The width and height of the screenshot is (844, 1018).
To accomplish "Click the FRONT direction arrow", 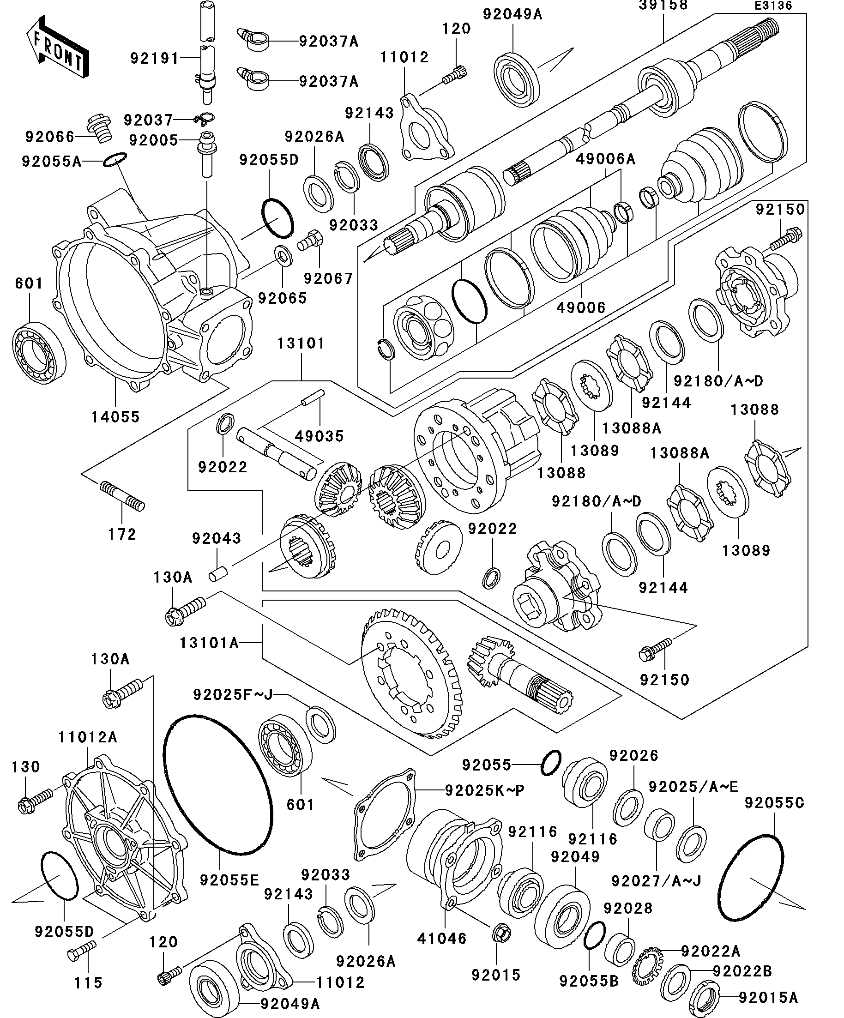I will pyautogui.click(x=57, y=48).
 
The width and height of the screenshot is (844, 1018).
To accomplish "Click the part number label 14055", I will pyautogui.click(x=115, y=416).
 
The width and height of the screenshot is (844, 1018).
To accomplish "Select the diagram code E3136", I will pyautogui.click(x=773, y=6).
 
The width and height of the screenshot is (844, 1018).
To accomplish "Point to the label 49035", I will pyautogui.click(x=320, y=436).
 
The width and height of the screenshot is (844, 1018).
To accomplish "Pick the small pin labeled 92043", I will pyautogui.click(x=215, y=575).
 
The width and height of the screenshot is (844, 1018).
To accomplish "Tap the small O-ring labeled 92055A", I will pyautogui.click(x=115, y=159).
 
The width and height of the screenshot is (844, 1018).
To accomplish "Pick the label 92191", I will pyautogui.click(x=155, y=59).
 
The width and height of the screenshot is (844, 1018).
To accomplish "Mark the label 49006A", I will pyautogui.click(x=605, y=158).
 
